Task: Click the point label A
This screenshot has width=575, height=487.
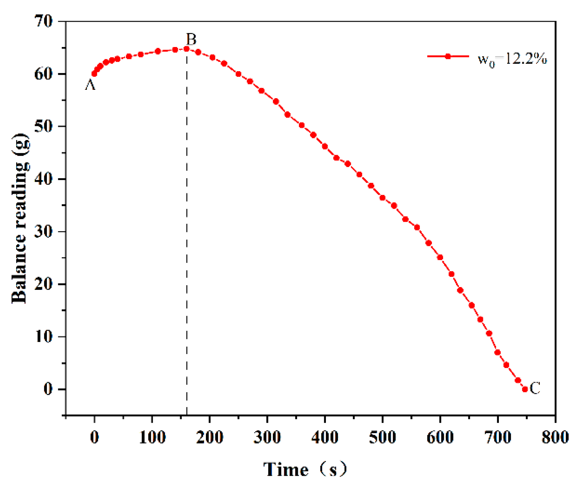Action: (x=90, y=85)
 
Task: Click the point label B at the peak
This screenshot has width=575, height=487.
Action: (x=191, y=39)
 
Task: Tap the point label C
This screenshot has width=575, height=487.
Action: (x=535, y=388)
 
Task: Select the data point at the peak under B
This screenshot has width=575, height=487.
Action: (x=187, y=49)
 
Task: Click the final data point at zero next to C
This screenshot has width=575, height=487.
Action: (x=525, y=389)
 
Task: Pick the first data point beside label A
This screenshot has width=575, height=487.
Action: (x=94, y=74)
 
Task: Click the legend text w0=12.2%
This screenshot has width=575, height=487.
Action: (x=512, y=59)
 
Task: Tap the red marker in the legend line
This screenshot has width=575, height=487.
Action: (x=448, y=56)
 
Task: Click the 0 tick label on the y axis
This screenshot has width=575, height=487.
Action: (x=48, y=389)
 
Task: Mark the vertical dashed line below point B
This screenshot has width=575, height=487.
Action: (x=187, y=246)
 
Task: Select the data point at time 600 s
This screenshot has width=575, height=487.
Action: (x=440, y=257)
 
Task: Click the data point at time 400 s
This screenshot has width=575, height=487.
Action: (x=325, y=146)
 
